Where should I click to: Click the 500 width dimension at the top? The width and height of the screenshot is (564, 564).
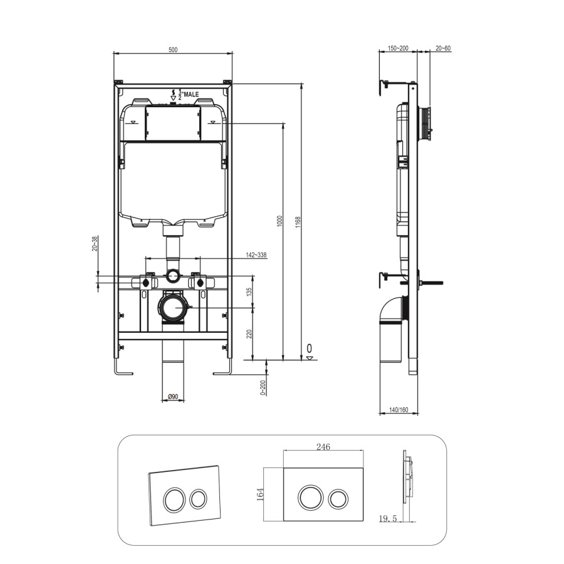(173, 50)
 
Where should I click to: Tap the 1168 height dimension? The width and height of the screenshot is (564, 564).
(298, 222)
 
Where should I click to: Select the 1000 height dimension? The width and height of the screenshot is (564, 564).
(280, 222)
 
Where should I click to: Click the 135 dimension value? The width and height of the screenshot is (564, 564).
(249, 291)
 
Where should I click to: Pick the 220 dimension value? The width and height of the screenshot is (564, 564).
(249, 334)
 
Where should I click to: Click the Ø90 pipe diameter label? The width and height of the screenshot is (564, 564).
(173, 396)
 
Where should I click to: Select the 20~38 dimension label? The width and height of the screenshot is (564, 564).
(95, 244)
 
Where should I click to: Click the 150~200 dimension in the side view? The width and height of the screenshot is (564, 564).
(397, 48)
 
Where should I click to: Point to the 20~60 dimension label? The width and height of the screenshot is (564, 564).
(443, 48)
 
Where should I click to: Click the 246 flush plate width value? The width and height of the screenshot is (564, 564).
(323, 446)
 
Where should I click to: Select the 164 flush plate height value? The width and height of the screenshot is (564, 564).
(260, 494)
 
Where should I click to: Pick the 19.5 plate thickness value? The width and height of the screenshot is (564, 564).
(389, 518)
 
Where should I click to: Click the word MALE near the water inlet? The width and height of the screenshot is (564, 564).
(191, 94)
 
